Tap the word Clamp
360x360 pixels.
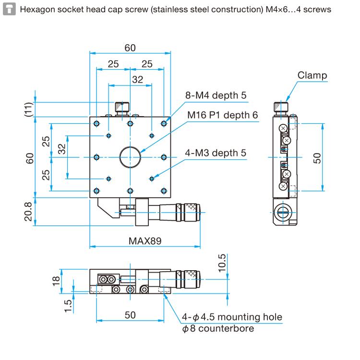[312, 75]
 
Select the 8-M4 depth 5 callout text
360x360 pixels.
[216, 96]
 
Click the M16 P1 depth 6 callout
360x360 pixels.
[223, 115]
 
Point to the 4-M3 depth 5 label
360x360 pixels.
[216, 153]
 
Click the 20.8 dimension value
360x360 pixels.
[29, 211]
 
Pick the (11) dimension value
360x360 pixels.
[29, 109]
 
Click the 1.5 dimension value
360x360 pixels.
[68, 305]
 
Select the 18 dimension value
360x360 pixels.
[57, 280]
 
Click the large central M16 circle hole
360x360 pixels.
[130, 156]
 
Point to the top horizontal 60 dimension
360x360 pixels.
[130, 48]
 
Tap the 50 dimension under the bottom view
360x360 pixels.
[130, 315]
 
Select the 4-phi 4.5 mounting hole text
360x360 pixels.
[232, 317]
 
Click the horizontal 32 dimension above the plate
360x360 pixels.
[137, 80]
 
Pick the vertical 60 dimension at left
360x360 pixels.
[29, 157]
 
